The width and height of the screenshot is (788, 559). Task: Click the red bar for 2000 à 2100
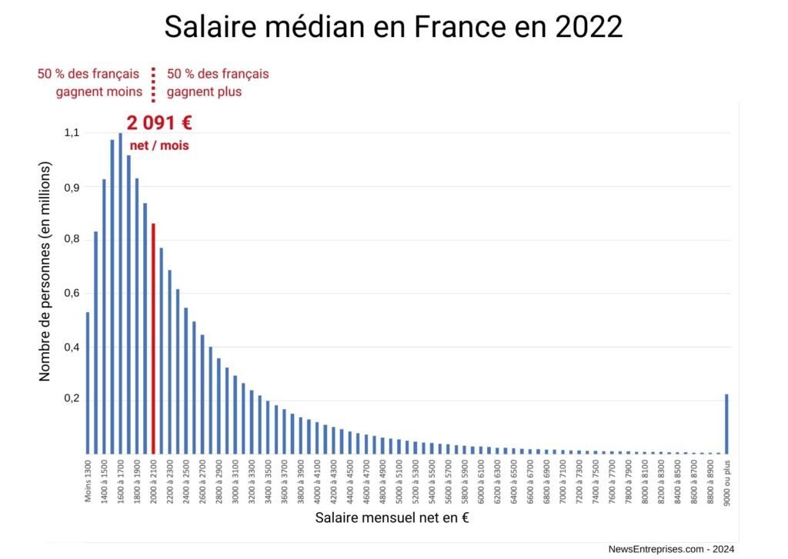[153, 338]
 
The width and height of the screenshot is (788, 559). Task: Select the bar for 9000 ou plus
[726, 424]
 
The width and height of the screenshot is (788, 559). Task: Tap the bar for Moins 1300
[88, 383]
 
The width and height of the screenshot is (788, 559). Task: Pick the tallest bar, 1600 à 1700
[120, 293]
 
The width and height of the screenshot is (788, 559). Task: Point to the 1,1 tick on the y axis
[72, 132]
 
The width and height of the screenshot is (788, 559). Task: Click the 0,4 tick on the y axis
[72, 347]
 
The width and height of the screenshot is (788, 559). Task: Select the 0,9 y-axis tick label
[72, 188]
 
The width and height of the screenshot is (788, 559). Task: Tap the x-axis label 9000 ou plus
[727, 483]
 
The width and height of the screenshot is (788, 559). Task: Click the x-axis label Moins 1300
[88, 481]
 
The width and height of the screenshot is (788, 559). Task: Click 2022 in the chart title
[589, 27]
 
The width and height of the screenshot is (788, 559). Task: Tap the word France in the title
[459, 27]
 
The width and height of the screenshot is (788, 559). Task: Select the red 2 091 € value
[159, 123]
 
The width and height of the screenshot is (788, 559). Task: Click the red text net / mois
[159, 145]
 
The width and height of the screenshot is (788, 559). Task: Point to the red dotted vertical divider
[153, 85]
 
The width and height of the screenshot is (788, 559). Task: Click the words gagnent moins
[99, 92]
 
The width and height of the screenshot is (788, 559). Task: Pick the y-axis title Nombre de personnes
[45, 271]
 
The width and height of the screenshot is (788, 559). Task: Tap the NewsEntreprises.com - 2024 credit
[671, 549]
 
